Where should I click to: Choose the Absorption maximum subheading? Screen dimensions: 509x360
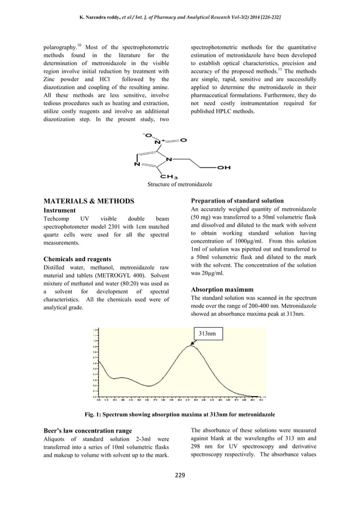pyautogui.click(x=222, y=289)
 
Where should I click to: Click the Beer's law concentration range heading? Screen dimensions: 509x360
pyautogui.click(x=87, y=431)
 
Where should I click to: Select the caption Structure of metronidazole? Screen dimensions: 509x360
pyautogui.click(x=179, y=184)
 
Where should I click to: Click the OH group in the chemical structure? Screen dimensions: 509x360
pyautogui.click(x=223, y=167)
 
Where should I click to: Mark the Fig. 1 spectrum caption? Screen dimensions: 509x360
pyautogui.click(x=179, y=415)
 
